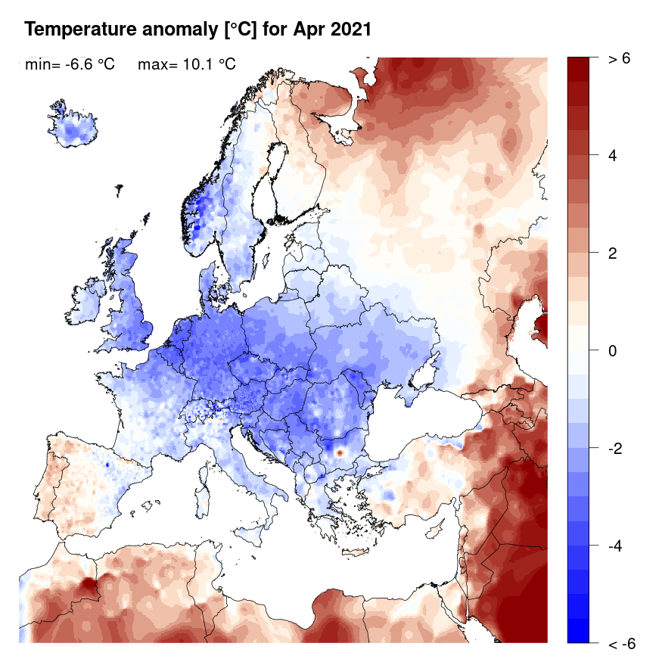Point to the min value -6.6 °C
click(x=83, y=65)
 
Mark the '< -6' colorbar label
click(x=621, y=644)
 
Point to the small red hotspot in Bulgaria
click(x=340, y=452)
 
